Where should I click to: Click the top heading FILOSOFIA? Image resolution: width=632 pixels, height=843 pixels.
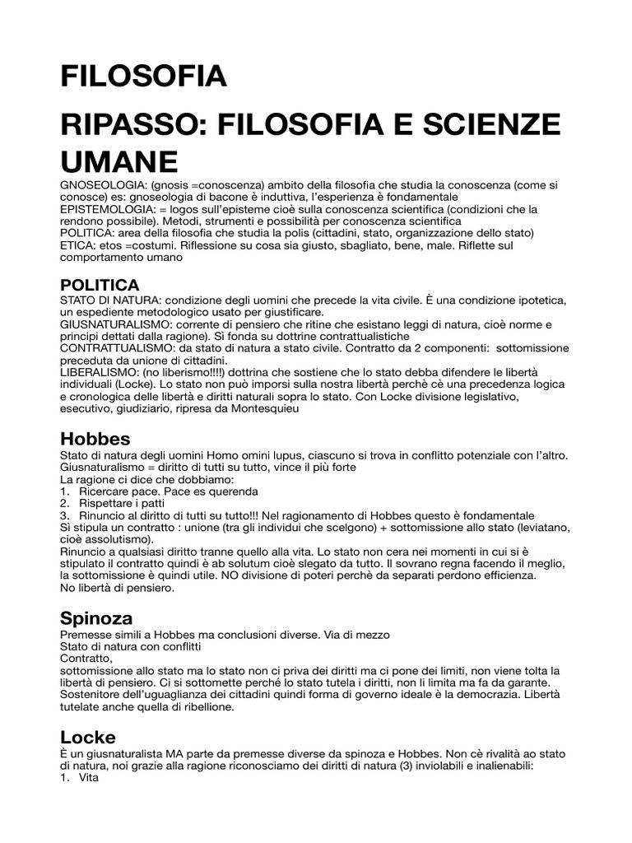tap(142, 76)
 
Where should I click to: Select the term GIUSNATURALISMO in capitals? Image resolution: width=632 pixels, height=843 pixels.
tap(115, 325)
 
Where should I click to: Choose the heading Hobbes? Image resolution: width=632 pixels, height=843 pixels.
tap(95, 438)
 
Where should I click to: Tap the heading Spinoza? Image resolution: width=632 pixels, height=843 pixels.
tap(96, 617)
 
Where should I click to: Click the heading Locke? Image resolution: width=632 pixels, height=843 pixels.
tap(88, 737)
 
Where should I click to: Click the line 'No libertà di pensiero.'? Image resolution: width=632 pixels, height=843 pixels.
tap(117, 588)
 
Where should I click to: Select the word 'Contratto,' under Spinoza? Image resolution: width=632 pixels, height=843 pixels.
tap(86, 659)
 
